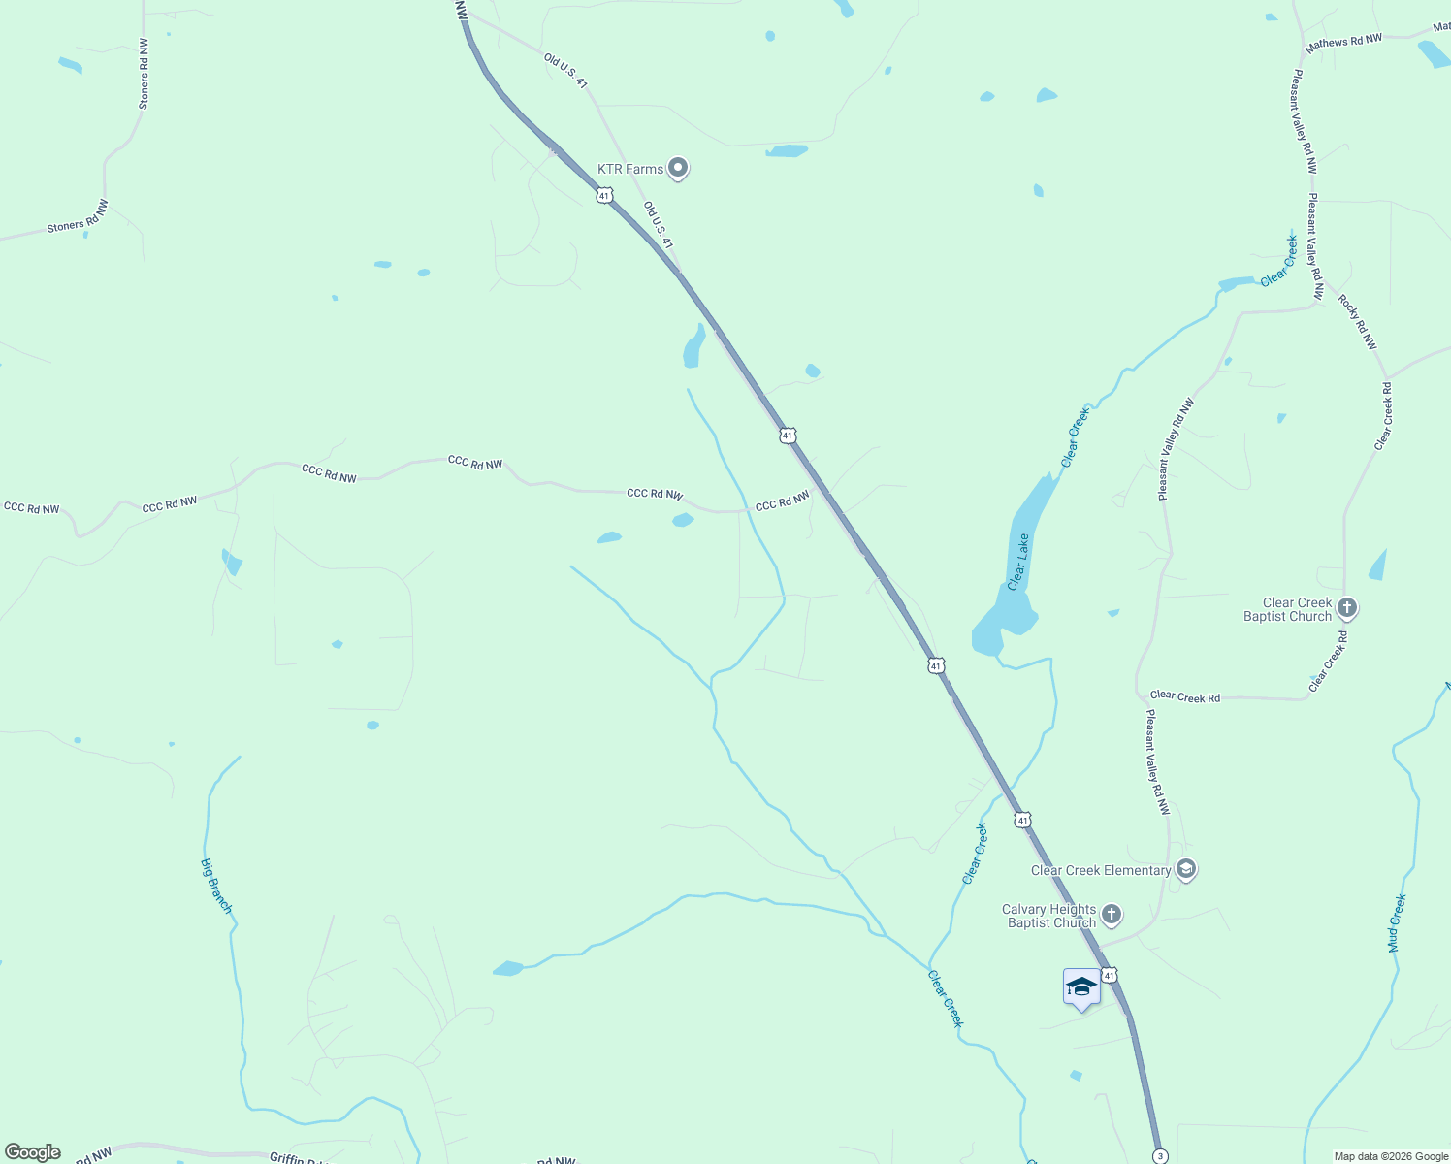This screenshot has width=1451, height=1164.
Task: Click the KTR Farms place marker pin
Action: tap(679, 169)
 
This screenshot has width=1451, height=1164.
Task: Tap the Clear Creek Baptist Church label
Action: tap(1287, 609)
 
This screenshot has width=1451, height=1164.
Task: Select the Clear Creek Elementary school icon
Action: tap(1185, 869)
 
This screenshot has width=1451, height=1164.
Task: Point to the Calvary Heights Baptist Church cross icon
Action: tap(1112, 914)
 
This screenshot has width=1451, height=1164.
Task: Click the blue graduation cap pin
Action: tap(1081, 987)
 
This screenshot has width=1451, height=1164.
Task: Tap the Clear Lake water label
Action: tap(1017, 562)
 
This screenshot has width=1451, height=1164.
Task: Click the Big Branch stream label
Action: tap(216, 886)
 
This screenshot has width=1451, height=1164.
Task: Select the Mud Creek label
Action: tap(1397, 922)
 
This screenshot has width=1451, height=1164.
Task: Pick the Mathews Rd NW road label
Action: tap(1342, 42)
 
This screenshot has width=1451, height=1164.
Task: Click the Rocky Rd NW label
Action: tap(1357, 321)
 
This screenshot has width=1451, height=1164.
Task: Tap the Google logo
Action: tap(33, 1152)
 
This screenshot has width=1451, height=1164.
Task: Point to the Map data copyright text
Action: tap(1390, 1156)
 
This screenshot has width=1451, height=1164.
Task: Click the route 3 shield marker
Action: tap(1160, 1156)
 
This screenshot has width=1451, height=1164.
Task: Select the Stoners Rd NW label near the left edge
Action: tap(78, 215)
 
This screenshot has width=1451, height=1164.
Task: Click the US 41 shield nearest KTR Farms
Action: tap(605, 196)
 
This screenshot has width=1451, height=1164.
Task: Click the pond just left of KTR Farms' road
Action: tap(693, 347)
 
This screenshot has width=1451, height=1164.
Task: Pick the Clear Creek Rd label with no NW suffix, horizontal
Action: tap(1184, 696)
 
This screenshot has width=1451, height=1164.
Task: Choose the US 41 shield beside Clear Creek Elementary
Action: tap(1023, 821)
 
